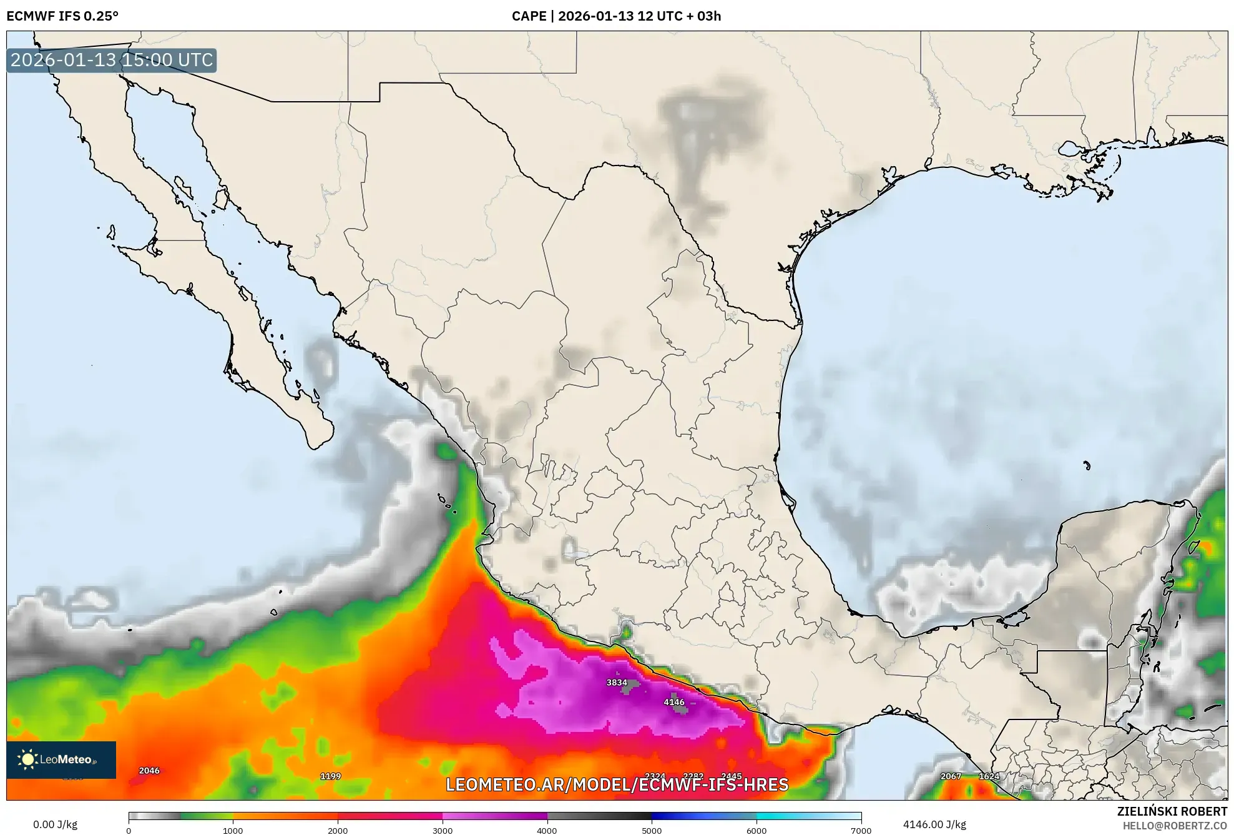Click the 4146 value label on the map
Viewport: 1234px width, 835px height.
673,702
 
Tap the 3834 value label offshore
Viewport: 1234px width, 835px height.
617,683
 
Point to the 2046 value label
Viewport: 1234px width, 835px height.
149,771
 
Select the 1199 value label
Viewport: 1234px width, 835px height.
330,776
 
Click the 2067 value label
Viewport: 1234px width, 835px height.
951,776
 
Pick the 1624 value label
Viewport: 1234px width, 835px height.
989,776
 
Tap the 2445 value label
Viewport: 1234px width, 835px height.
731,777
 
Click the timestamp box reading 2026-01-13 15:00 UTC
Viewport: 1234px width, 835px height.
112,60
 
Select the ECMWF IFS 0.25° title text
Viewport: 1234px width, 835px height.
62,16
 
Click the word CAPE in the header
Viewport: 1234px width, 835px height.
529,16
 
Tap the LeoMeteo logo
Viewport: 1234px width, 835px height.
61,759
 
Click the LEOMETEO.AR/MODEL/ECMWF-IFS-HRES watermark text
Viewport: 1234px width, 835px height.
617,785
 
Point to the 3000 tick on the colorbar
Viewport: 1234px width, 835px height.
443,830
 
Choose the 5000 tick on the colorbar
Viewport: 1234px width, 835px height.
652,830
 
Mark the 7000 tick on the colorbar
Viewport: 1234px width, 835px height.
861,830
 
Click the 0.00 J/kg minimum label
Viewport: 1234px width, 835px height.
55,824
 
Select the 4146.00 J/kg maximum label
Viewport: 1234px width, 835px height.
934,824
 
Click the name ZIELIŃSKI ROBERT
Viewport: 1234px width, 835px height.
1172,811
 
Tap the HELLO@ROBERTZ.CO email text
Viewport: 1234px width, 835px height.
1175,826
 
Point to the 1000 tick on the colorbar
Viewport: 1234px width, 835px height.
233,830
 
